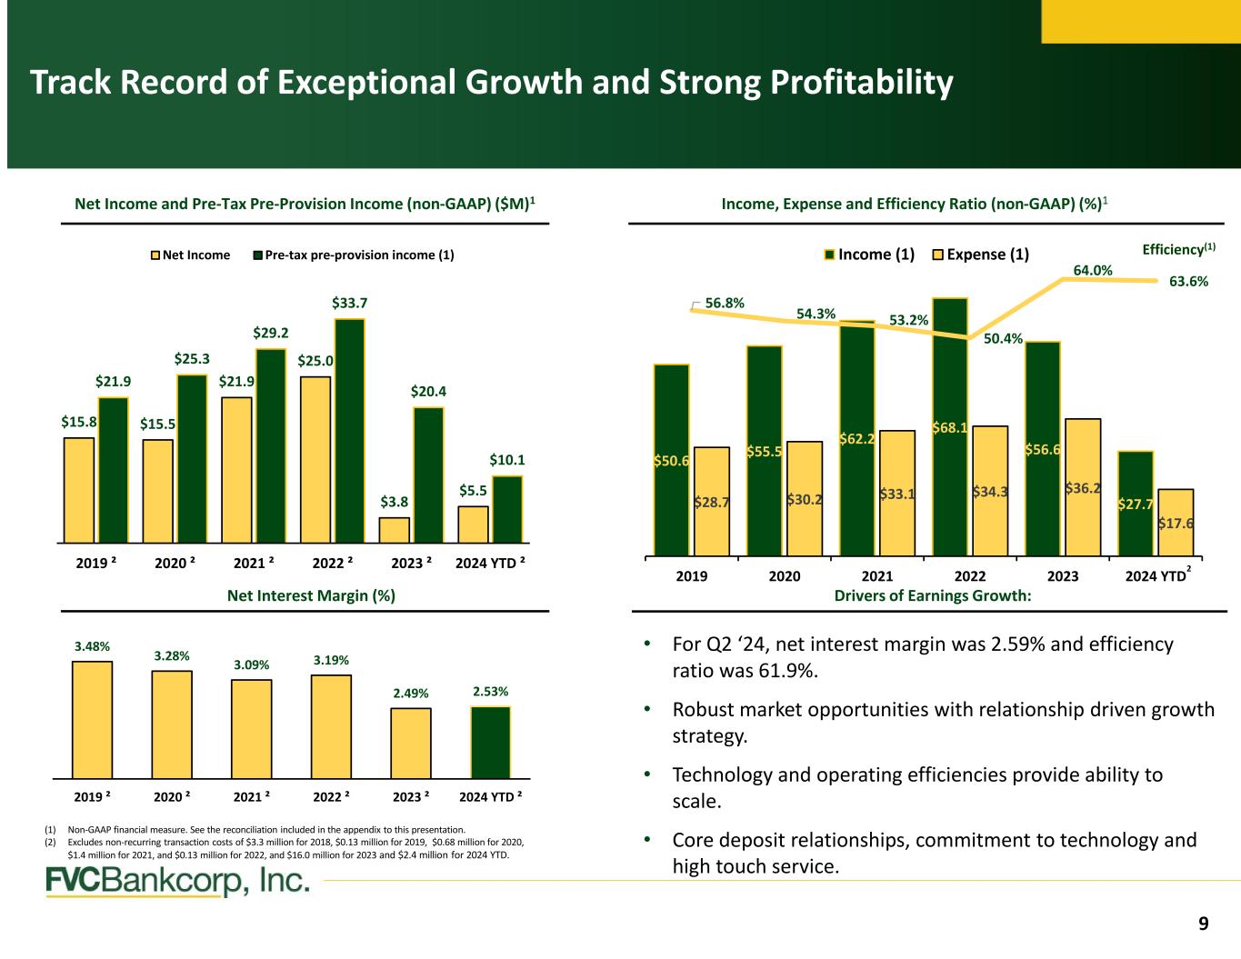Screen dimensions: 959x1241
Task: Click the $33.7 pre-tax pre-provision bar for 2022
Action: click(350, 430)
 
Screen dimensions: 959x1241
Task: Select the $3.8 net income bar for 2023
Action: click(395, 530)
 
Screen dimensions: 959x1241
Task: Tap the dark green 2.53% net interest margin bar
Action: click(490, 742)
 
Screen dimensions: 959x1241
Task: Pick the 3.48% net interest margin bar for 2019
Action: click(93, 719)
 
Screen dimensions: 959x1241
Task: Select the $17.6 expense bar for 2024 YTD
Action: click(1176, 522)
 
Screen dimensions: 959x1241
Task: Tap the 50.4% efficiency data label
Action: click(1004, 339)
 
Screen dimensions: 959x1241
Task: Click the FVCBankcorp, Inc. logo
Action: click(178, 882)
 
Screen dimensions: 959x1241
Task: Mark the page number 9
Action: click(1204, 924)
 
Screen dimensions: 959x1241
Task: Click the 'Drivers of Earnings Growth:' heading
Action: click(933, 595)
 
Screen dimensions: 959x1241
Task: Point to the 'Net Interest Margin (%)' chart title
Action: click(310, 595)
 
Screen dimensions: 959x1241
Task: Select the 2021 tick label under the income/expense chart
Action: click(876, 575)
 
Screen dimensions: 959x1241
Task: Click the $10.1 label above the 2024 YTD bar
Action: click(507, 461)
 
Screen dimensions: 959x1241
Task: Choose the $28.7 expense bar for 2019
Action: click(711, 501)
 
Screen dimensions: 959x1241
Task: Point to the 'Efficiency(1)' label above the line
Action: click(1178, 247)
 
